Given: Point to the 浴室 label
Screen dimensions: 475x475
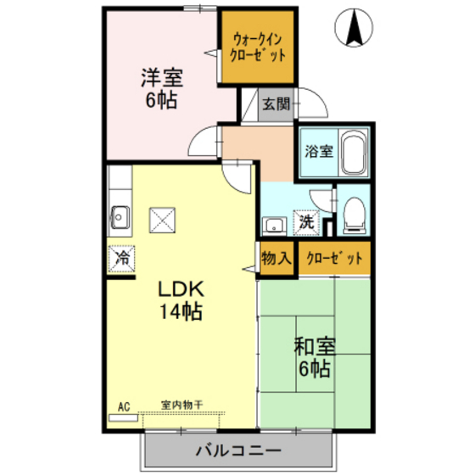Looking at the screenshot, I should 318,152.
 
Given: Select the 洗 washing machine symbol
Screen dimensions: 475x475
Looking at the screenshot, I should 305,223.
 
